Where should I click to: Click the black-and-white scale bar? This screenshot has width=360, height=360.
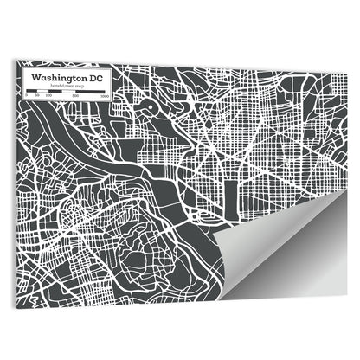[x=65, y=90]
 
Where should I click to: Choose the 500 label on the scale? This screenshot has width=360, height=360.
[x=76, y=95]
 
